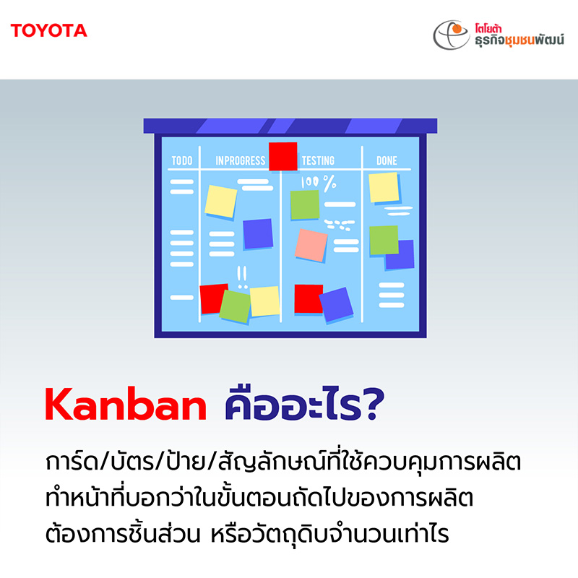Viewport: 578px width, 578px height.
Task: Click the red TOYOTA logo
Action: coord(48,30)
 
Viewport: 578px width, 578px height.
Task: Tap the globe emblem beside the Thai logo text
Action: coord(451,35)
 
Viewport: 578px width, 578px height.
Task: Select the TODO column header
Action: coord(182,160)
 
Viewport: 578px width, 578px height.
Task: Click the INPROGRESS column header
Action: coord(241,160)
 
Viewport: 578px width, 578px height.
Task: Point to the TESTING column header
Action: coord(318,160)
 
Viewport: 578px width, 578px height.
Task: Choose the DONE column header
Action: coord(387,160)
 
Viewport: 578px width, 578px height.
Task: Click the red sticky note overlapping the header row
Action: coord(282,156)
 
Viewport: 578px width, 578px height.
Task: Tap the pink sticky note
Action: coord(311,245)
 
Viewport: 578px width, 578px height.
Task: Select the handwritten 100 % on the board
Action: coord(319,183)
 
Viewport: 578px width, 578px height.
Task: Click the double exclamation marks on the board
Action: coord(242,277)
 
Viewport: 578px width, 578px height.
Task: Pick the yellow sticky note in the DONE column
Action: coord(384,188)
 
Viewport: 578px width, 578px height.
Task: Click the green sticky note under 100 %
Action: coord(305,204)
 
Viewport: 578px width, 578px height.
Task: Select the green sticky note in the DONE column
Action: coord(384,240)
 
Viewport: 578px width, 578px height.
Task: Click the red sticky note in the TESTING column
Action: coord(309,298)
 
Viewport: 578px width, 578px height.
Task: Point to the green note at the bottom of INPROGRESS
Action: coord(236,306)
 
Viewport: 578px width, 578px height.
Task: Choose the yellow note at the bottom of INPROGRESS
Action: coord(264,301)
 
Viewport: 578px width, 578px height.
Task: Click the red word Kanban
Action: coord(126,404)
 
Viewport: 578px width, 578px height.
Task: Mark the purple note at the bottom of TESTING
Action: coord(336,304)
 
